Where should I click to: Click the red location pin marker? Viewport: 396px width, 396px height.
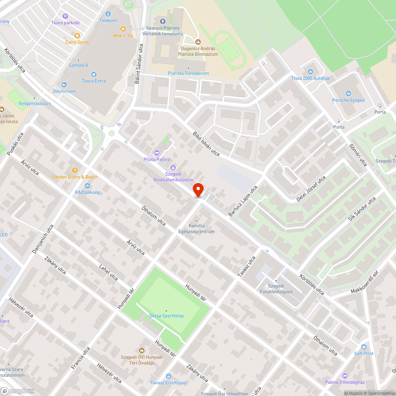[x=198, y=190]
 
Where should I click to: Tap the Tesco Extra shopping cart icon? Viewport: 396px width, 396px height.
[x=94, y=74]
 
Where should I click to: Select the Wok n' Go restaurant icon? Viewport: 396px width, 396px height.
[x=123, y=29]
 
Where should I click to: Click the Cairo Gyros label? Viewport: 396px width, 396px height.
[x=77, y=42]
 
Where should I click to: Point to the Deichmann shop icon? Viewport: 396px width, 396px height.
[x=64, y=84]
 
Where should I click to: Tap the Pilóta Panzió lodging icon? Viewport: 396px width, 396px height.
[x=157, y=152]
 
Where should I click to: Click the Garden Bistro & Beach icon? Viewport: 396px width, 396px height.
[x=74, y=170]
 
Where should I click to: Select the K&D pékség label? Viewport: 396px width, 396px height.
[x=87, y=192]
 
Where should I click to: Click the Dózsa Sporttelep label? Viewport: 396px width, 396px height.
[x=166, y=316]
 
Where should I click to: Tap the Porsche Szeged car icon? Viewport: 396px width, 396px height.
[x=348, y=93]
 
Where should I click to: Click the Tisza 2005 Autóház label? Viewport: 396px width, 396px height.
[x=310, y=78]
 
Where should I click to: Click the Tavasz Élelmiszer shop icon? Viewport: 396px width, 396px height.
[x=169, y=376]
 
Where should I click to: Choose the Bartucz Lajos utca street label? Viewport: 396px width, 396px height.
[x=243, y=201]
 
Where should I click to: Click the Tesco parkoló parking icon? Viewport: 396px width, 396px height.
[x=65, y=16]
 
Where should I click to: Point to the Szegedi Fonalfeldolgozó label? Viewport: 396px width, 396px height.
[x=280, y=289]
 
